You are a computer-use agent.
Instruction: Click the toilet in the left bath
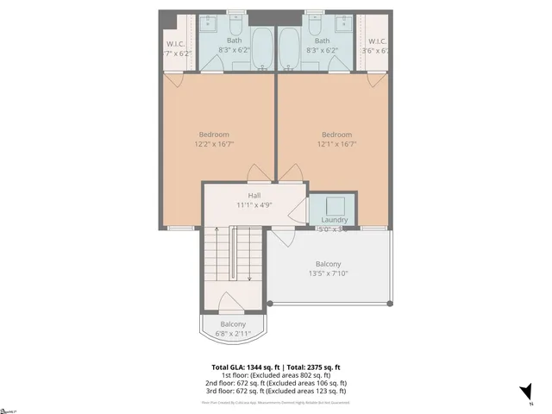235,21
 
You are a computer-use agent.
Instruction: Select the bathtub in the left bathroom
262,48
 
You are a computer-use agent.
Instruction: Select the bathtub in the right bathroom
290,48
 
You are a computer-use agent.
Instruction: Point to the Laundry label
334,220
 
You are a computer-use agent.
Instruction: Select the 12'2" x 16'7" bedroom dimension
214,145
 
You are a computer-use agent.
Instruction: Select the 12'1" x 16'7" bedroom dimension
336,145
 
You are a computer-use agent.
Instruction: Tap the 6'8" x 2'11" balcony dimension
232,334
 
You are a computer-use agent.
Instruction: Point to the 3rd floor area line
276,391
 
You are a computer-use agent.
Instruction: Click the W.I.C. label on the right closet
378,41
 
